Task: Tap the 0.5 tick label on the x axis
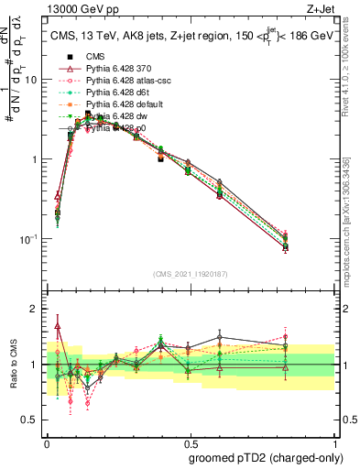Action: coord(190,441)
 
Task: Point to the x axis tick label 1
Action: coord(333,441)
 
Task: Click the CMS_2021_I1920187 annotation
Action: coord(191,272)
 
